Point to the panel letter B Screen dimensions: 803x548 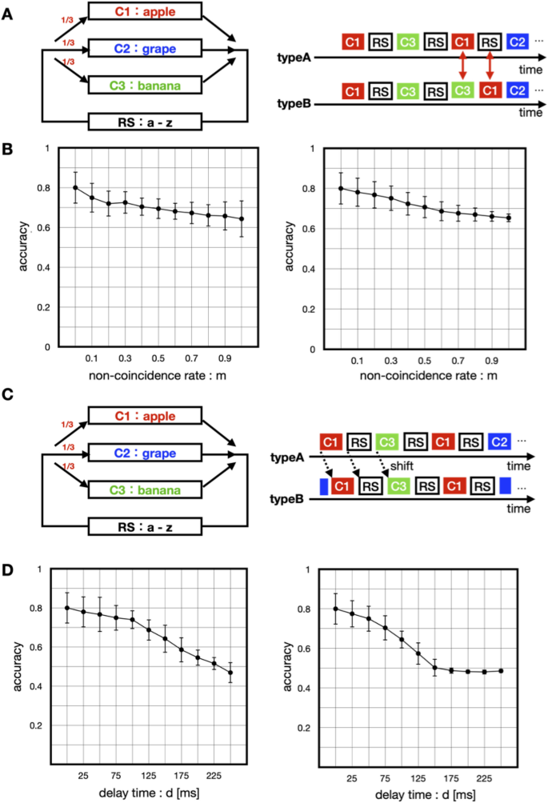[x=7, y=150]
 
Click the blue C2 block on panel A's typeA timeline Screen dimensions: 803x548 [x=517, y=41]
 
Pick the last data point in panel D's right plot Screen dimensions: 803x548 [x=502, y=670]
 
